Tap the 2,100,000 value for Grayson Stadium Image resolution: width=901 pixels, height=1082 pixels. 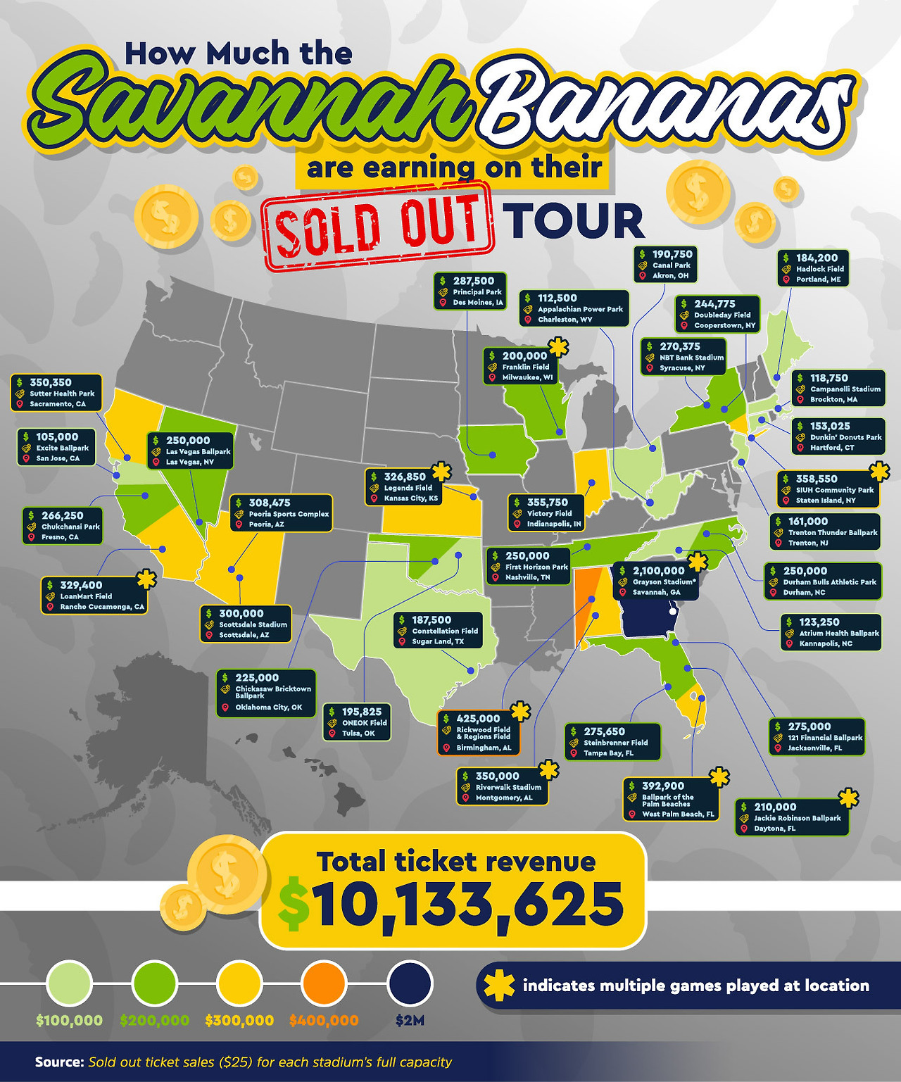point(658,571)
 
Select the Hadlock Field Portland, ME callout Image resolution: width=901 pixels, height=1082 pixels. point(813,268)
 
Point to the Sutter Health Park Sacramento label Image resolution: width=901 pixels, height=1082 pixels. point(56,394)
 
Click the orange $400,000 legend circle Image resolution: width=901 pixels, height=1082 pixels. point(324,983)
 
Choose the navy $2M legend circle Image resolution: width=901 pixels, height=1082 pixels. point(410,983)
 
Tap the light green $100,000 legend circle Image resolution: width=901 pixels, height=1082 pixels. point(69,983)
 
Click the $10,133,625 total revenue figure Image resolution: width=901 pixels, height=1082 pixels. point(468,904)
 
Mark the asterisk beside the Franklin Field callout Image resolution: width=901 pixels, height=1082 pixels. point(558,347)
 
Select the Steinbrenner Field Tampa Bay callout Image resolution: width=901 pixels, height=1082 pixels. point(612,742)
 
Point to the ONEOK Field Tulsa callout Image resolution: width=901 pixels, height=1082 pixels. point(357,722)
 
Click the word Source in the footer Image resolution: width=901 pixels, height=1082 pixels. point(59,1062)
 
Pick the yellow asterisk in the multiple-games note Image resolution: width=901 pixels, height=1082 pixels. point(499,986)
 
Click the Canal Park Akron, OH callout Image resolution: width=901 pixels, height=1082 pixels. point(666,265)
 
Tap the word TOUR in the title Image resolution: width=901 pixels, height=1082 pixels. point(573,221)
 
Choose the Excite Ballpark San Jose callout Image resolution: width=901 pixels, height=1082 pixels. point(57,448)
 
